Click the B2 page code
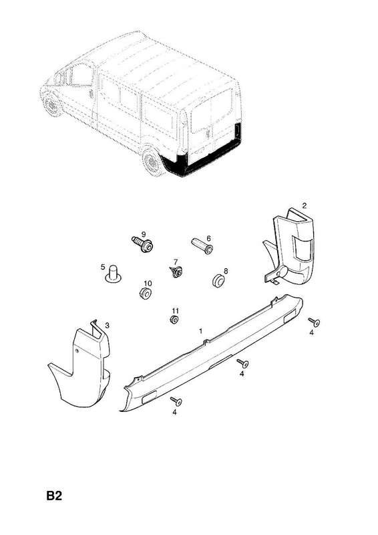pos(54,496)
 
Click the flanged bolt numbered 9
pos(143,243)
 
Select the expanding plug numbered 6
pos(202,246)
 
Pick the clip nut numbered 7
pos(176,272)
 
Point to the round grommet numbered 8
pos(218,280)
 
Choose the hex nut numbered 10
pos(146,293)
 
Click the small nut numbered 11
pos(174,320)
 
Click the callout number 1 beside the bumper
pos(201,331)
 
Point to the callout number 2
pos(305,205)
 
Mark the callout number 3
pos(107,326)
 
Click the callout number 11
pos(175,311)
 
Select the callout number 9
pos(144,235)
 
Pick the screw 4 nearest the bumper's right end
pos(314,322)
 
